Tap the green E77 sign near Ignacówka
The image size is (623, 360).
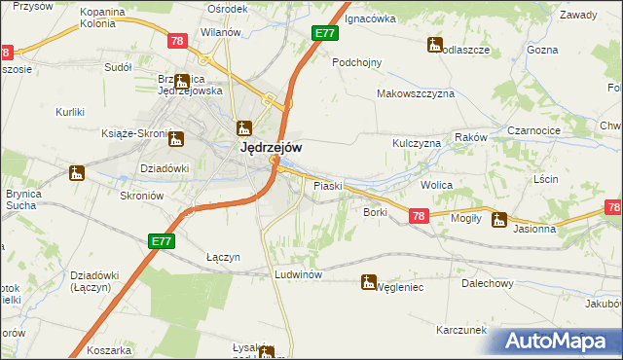pos(325,33)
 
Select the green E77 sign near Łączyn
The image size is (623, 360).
pos(162,240)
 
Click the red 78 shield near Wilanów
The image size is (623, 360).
pos(176,41)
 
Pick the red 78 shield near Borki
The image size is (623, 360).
pos(419,217)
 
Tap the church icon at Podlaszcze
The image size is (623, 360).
pos(434,44)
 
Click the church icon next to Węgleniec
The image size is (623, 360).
pos(368,283)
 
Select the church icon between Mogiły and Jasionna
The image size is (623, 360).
pos(499,219)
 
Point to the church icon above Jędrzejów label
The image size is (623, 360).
pos(244,127)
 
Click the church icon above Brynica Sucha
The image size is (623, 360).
pos(76,173)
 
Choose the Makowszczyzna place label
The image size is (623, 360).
pos(417,94)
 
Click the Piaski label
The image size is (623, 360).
pos(325,185)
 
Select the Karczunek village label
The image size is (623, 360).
pos(461,330)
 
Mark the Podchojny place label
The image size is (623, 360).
pos(357,61)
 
